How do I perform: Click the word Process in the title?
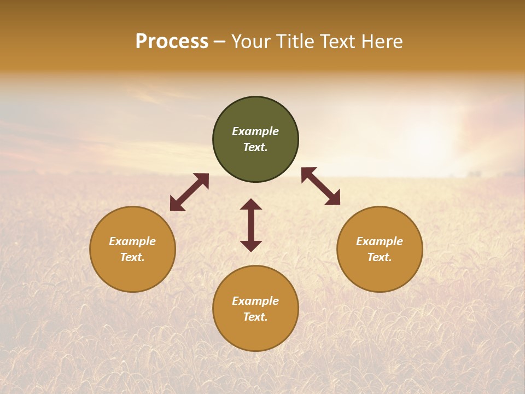[x=172, y=42]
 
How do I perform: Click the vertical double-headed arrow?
[x=251, y=225]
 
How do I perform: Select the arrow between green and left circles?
[x=189, y=192]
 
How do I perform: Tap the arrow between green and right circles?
[x=321, y=186]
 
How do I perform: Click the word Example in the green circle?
[x=255, y=131]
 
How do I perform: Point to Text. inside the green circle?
[x=255, y=147]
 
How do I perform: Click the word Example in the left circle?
[x=132, y=241]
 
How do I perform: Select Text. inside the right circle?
[x=380, y=257]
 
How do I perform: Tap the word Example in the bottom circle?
[x=255, y=301]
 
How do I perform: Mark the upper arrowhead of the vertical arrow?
[x=251, y=204]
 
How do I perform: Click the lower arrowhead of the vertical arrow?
[x=251, y=246]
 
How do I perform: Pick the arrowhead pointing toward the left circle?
[x=176, y=205]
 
